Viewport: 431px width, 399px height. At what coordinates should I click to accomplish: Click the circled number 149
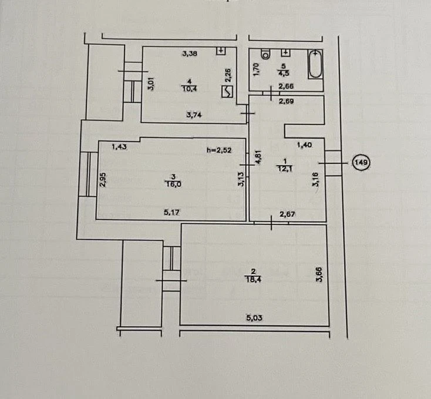[x=361, y=163]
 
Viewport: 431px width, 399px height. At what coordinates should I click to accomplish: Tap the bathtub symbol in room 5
[x=315, y=64]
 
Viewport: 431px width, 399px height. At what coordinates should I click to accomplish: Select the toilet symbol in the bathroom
[x=266, y=54]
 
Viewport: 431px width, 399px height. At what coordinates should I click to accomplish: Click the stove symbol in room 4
[x=227, y=91]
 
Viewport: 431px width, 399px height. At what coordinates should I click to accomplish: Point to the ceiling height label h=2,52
[x=219, y=150]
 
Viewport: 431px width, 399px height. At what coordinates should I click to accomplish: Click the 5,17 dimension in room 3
[x=171, y=212]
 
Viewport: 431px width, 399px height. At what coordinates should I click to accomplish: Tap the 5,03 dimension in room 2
[x=254, y=318]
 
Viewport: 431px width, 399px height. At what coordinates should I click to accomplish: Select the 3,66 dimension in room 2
[x=319, y=274]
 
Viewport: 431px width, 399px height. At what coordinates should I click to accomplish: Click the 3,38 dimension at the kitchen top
[x=190, y=53]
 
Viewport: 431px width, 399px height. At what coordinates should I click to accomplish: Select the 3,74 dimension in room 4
[x=194, y=115]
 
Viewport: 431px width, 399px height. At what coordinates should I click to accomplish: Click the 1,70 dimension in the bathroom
[x=256, y=69]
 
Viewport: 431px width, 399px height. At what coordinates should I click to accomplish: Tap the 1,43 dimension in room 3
[x=119, y=147]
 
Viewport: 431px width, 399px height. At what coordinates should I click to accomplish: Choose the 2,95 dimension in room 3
[x=103, y=179]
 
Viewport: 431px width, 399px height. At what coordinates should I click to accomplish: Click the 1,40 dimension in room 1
[x=305, y=145]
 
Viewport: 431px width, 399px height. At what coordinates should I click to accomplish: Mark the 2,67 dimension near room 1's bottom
[x=287, y=214]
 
